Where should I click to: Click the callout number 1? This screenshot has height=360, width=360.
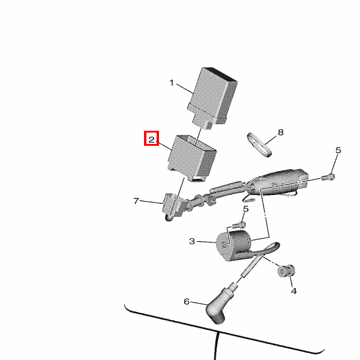tap(172, 83)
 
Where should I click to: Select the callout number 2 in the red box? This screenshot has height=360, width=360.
tap(152, 140)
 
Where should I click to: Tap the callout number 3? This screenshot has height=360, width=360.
tap(192, 241)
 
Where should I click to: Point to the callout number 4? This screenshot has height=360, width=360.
tap(294, 291)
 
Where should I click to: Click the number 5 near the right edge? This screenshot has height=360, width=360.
tap(338, 150)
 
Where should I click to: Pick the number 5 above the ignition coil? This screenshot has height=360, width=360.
tap(245, 209)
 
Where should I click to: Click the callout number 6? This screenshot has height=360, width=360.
tap(187, 301)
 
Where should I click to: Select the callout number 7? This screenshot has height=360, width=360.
tap(136, 201)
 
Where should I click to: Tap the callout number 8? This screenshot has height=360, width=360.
tap(281, 132)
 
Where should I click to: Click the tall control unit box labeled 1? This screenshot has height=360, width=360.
tap(212, 98)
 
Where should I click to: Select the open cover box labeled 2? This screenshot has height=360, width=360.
tap(192, 158)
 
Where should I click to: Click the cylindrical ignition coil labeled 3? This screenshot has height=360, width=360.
tap(233, 245)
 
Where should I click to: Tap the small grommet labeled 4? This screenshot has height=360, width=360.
tap(286, 271)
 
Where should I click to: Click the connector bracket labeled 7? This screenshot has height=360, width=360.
tap(174, 205)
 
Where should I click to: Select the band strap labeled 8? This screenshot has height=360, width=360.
tap(259, 145)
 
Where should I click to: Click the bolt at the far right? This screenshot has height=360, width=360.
tap(328, 177)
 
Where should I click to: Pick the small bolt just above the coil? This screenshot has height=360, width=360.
tap(239, 225)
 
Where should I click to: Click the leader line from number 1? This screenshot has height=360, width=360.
tap(185, 89)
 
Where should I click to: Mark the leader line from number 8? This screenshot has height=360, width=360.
tap(271, 140)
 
